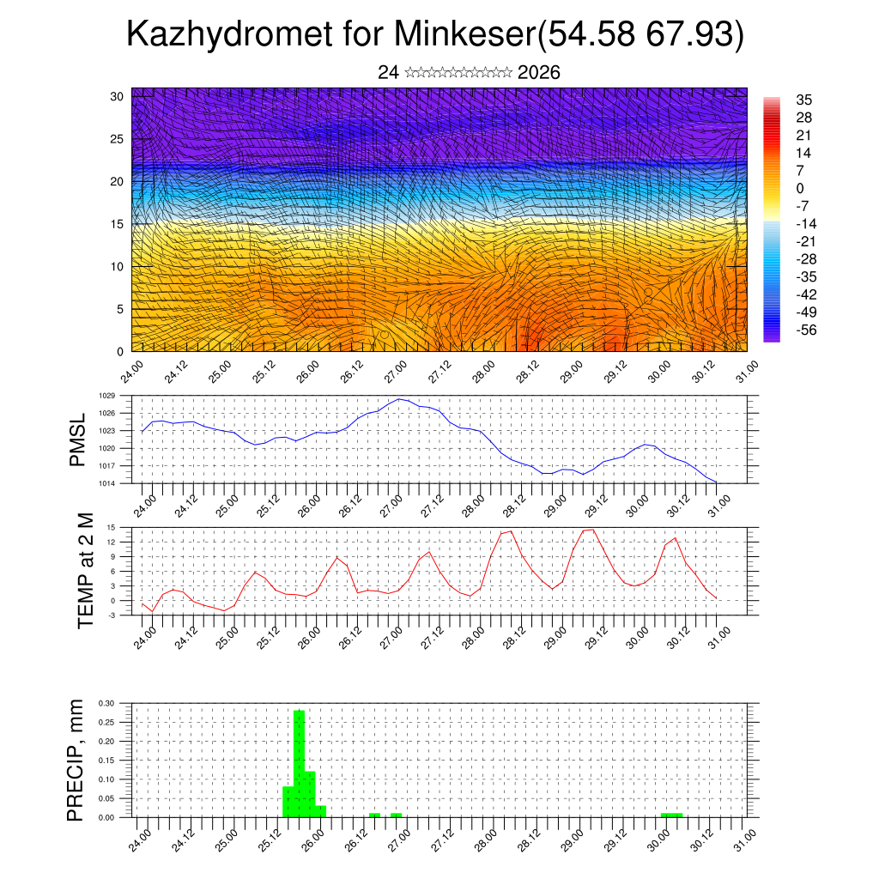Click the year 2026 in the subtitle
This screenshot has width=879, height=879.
tap(539, 73)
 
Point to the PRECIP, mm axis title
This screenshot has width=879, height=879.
tap(76, 760)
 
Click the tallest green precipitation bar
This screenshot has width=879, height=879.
tap(300, 764)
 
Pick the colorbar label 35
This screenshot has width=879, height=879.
tap(803, 100)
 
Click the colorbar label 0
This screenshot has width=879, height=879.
tap(800, 188)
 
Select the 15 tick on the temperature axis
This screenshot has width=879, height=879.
tap(112, 527)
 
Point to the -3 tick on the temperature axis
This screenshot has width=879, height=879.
tap(112, 615)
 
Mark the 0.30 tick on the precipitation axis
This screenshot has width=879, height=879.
tap(106, 703)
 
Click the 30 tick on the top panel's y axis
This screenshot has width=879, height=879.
tap(116, 96)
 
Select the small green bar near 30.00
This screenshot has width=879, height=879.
tap(672, 815)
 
